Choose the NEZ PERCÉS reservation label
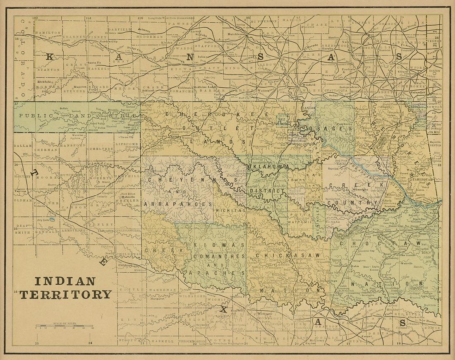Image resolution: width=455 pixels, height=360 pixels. click(282, 120)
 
